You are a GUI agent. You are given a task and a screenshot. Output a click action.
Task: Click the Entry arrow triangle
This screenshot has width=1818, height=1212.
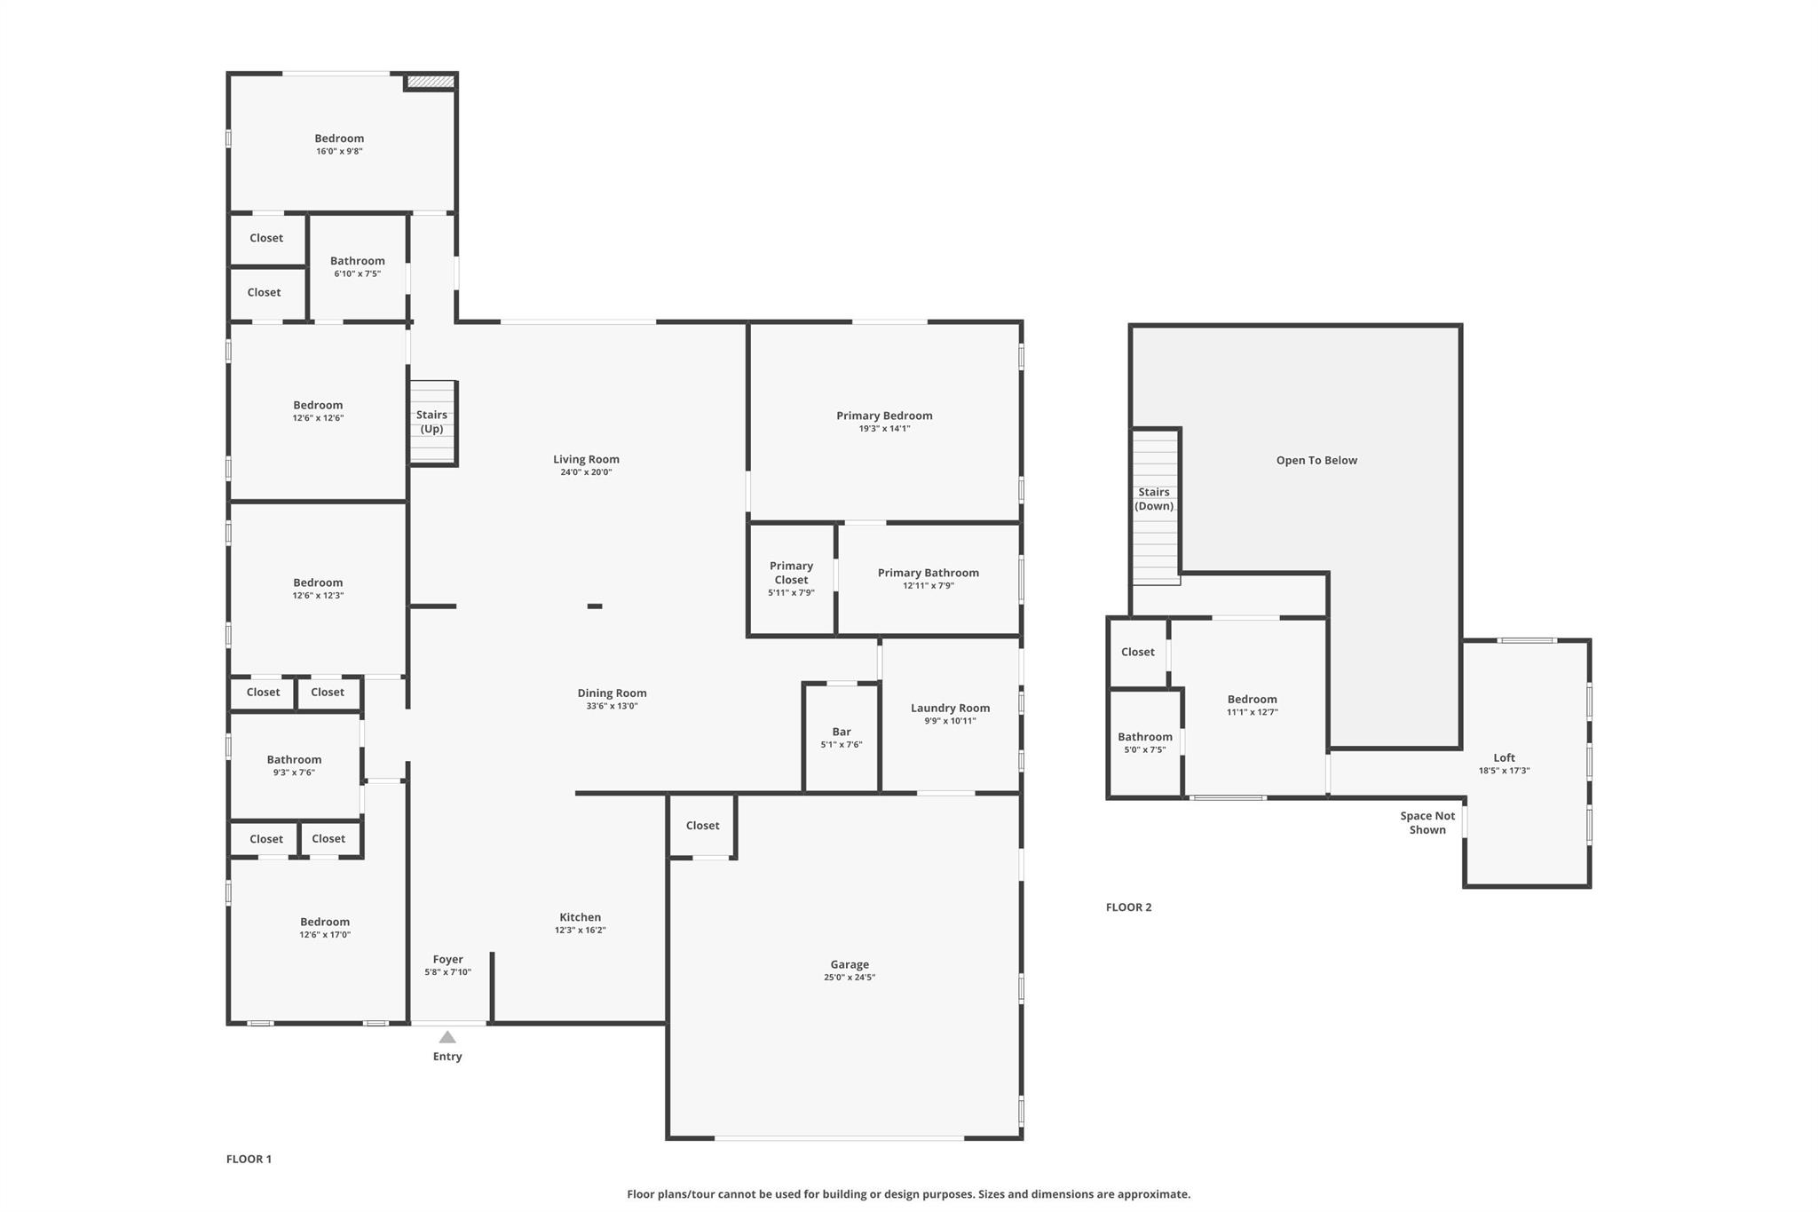point(447,1037)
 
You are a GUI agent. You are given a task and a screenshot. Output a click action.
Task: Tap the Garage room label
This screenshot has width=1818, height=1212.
point(850,964)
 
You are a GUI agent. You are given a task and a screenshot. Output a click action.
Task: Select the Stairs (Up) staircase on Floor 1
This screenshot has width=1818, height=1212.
point(432,423)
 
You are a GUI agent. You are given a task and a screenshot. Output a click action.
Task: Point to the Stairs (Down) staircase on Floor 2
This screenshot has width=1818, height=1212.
point(1156,506)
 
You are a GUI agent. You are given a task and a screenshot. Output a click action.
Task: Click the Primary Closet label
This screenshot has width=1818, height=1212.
point(791,573)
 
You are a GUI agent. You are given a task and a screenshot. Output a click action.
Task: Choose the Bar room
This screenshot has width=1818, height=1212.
point(842,738)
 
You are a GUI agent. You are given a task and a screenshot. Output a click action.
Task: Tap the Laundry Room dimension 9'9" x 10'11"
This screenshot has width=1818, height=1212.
point(950,721)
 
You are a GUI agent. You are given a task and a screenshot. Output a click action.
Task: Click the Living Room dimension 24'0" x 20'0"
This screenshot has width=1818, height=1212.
point(586,472)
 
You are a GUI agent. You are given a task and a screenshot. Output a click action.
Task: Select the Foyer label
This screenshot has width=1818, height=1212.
point(448,959)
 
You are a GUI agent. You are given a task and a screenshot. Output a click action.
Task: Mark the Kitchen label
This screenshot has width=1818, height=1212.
point(581,917)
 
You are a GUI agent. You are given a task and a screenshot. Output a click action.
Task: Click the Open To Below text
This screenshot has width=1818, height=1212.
point(1316,460)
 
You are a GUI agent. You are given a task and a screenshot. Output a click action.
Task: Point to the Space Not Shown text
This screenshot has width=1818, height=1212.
point(1427,823)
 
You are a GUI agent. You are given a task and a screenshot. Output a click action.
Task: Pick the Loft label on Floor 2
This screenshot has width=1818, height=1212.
point(1504,757)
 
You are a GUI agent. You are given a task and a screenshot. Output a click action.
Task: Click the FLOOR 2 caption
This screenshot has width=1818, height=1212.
point(1128,907)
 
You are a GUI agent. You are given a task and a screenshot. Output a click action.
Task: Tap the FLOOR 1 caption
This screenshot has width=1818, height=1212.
point(249,1159)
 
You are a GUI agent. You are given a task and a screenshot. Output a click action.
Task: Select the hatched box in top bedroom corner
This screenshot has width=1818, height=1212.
point(431,82)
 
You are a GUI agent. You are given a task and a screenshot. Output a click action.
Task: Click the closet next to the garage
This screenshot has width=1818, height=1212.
point(702,826)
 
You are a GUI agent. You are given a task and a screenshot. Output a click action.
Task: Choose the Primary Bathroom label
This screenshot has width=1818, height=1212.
point(929,573)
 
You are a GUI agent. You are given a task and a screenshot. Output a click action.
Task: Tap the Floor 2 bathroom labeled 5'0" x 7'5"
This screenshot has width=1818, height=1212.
point(1145,743)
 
